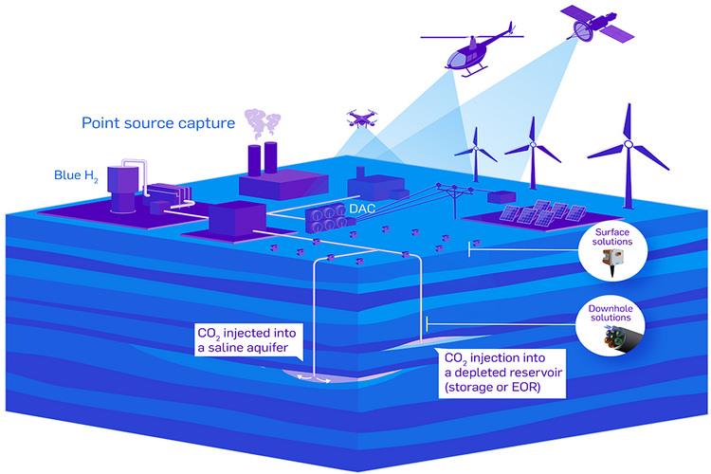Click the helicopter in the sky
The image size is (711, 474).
[x=471, y=51]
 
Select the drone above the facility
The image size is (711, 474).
[x=361, y=118]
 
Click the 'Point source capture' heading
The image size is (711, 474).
[x=158, y=123]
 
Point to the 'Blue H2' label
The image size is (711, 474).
[x=76, y=175]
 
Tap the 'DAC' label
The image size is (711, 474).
[x=362, y=209]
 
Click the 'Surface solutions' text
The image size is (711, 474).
[x=612, y=237]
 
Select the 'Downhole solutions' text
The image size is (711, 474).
[x=611, y=313]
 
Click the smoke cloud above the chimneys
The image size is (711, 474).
[x=262, y=124]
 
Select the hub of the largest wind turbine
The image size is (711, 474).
[x=629, y=144]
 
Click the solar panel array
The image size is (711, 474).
[x=542, y=212]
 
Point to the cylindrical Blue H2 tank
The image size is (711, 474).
[x=124, y=187]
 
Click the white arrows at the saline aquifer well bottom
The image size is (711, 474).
[x=314, y=377]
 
